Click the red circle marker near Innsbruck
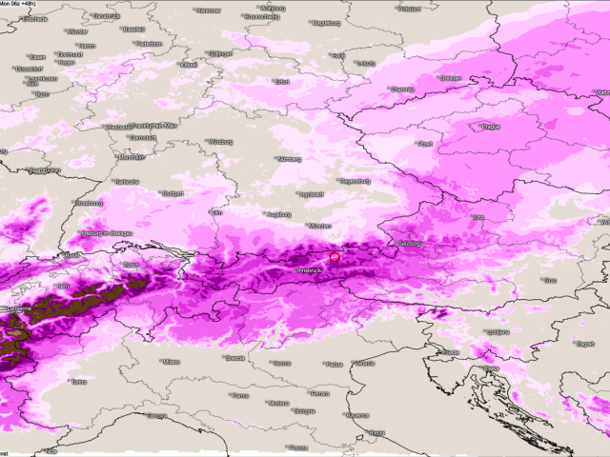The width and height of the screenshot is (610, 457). click(335, 256)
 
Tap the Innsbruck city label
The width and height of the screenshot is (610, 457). click(312, 270)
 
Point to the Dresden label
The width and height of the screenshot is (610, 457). click(451, 78)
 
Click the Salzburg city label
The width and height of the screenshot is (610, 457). click(409, 244)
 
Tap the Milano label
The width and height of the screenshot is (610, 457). click(170, 362)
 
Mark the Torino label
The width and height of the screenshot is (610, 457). click(78, 382)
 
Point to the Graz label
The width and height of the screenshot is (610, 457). click(549, 280)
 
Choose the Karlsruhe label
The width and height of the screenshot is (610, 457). click(126, 181)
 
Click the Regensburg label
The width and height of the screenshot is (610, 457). click(355, 180)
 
